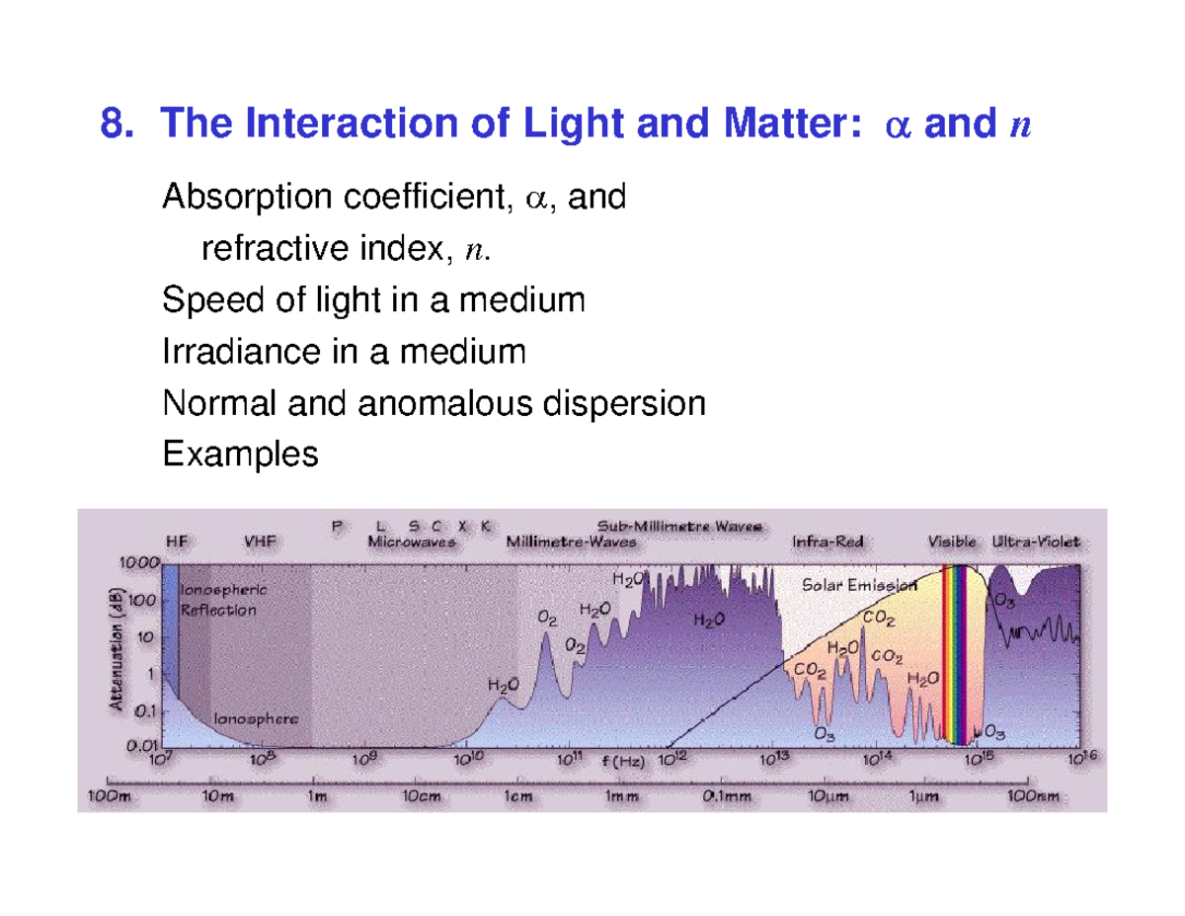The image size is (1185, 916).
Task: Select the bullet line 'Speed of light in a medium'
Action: pos(373,299)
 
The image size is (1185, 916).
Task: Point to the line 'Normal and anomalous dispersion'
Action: pos(434,402)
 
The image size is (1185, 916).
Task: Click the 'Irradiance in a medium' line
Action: pos(344,351)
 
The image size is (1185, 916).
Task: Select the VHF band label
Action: pos(261,541)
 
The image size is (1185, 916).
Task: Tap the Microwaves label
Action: pos(411,541)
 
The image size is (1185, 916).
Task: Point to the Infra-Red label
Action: pos(824,541)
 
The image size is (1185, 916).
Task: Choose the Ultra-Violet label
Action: pos(1036,541)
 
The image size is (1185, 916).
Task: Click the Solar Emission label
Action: pos(859,584)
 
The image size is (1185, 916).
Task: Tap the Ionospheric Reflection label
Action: pos(221,598)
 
